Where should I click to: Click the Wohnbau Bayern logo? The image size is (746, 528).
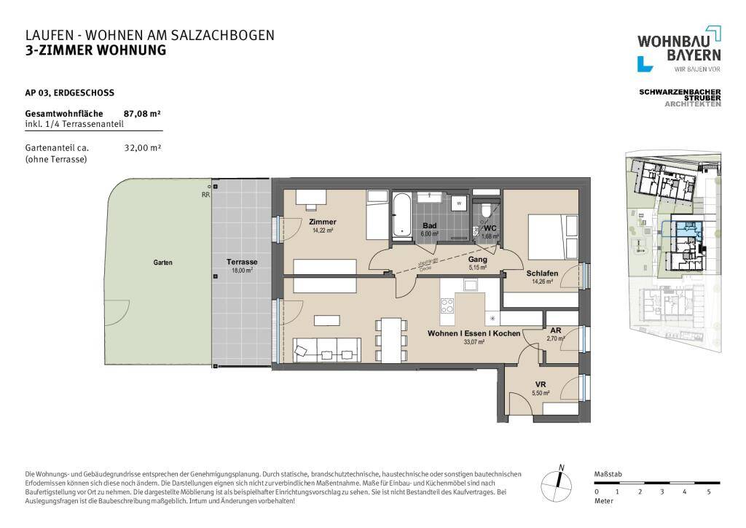[x=679, y=49]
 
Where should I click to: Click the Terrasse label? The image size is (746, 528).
[x=242, y=263]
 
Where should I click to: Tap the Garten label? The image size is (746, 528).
[x=163, y=263]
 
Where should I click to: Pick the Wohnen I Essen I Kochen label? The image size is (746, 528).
[x=474, y=333]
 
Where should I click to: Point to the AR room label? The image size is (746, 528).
[x=555, y=330]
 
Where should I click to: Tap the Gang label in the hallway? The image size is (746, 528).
[x=477, y=259]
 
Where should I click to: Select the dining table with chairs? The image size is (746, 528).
[x=392, y=339]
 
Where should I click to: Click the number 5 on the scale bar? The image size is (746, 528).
[x=709, y=492]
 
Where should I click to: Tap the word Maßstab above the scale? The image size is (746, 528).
[x=607, y=473]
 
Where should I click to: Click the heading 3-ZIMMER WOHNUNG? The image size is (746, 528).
[x=95, y=50]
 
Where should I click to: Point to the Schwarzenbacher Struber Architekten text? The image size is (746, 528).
[x=679, y=98]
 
